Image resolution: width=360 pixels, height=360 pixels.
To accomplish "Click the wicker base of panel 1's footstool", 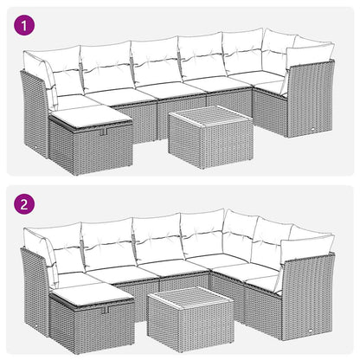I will click(87, 149).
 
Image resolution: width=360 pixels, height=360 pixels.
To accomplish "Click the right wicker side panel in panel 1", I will click(312, 108).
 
